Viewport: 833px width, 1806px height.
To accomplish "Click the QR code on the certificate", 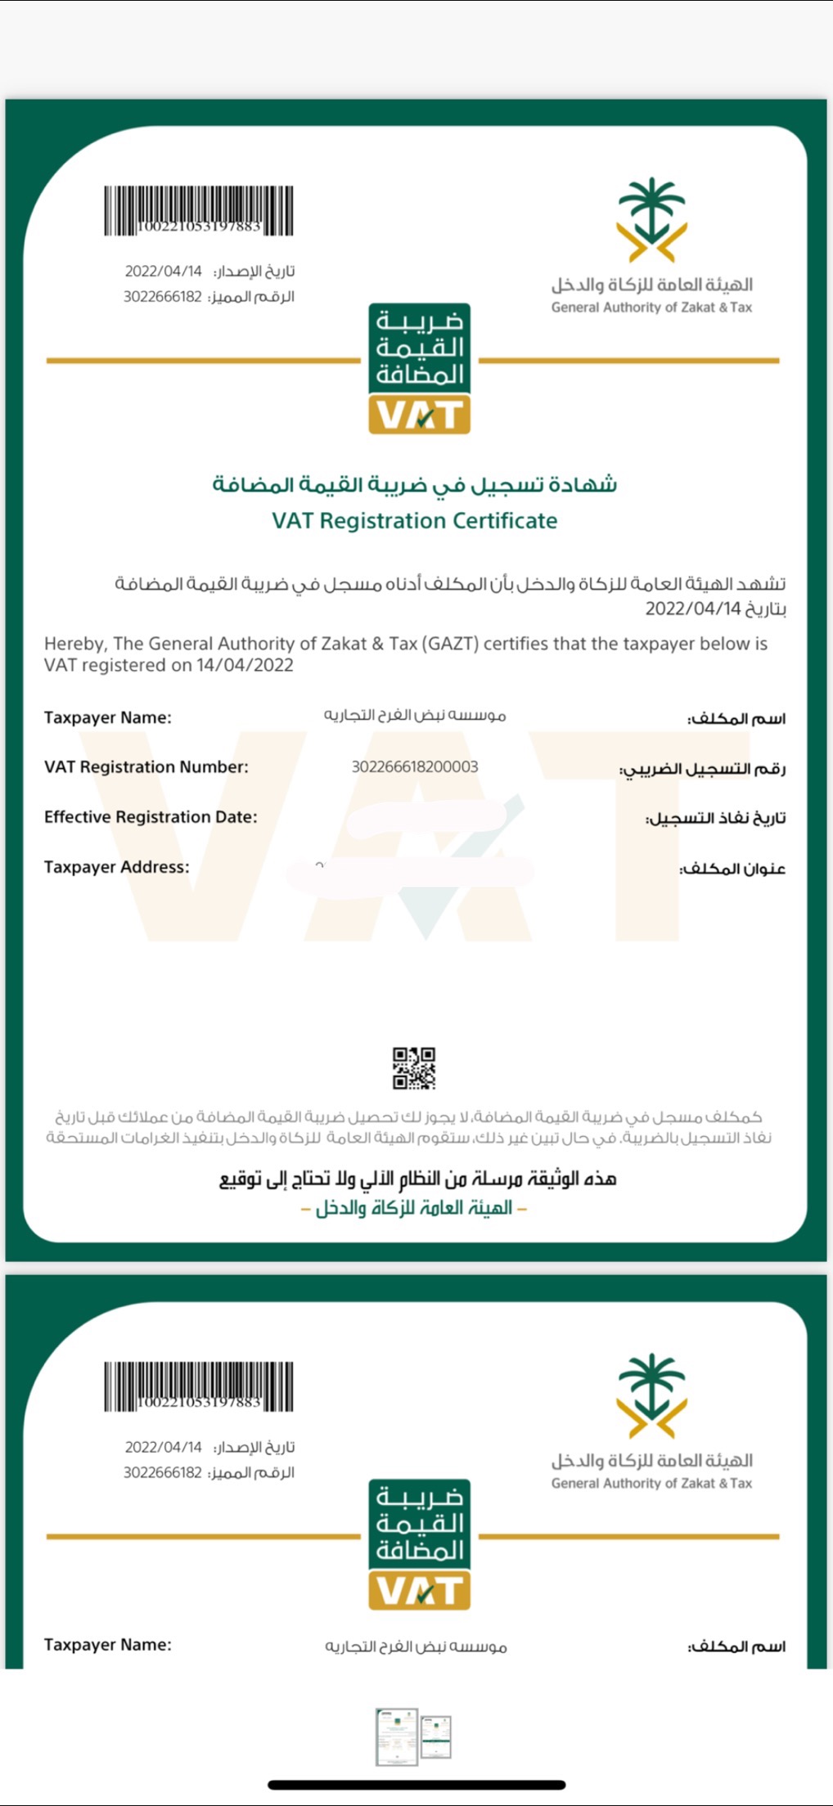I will (x=414, y=1068).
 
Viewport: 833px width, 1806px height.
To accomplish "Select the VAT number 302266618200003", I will (x=415, y=766).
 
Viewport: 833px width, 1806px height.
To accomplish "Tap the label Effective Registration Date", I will (x=151, y=816).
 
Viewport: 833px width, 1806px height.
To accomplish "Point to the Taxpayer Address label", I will (x=116, y=867).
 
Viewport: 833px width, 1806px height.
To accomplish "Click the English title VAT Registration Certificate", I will (x=415, y=520).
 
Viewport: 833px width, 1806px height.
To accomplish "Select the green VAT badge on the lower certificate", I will (x=419, y=1543).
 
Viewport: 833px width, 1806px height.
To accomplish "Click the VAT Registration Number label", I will (x=146, y=766).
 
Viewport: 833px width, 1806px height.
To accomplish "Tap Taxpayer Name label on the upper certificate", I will (x=108, y=717).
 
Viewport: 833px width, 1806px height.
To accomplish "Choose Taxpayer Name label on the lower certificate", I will (x=108, y=1645).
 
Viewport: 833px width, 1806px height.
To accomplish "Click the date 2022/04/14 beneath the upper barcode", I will (x=163, y=271).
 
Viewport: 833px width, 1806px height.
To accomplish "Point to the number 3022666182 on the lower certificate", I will (x=162, y=1472).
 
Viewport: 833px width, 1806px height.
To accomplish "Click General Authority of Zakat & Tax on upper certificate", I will (x=651, y=308).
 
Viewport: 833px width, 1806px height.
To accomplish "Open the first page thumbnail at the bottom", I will (x=396, y=1736).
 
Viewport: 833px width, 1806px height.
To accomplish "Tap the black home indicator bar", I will (x=416, y=1785).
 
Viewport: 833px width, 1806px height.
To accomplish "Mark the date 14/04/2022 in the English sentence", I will (x=244, y=665).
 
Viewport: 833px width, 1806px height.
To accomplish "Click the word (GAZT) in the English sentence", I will (x=450, y=644).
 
